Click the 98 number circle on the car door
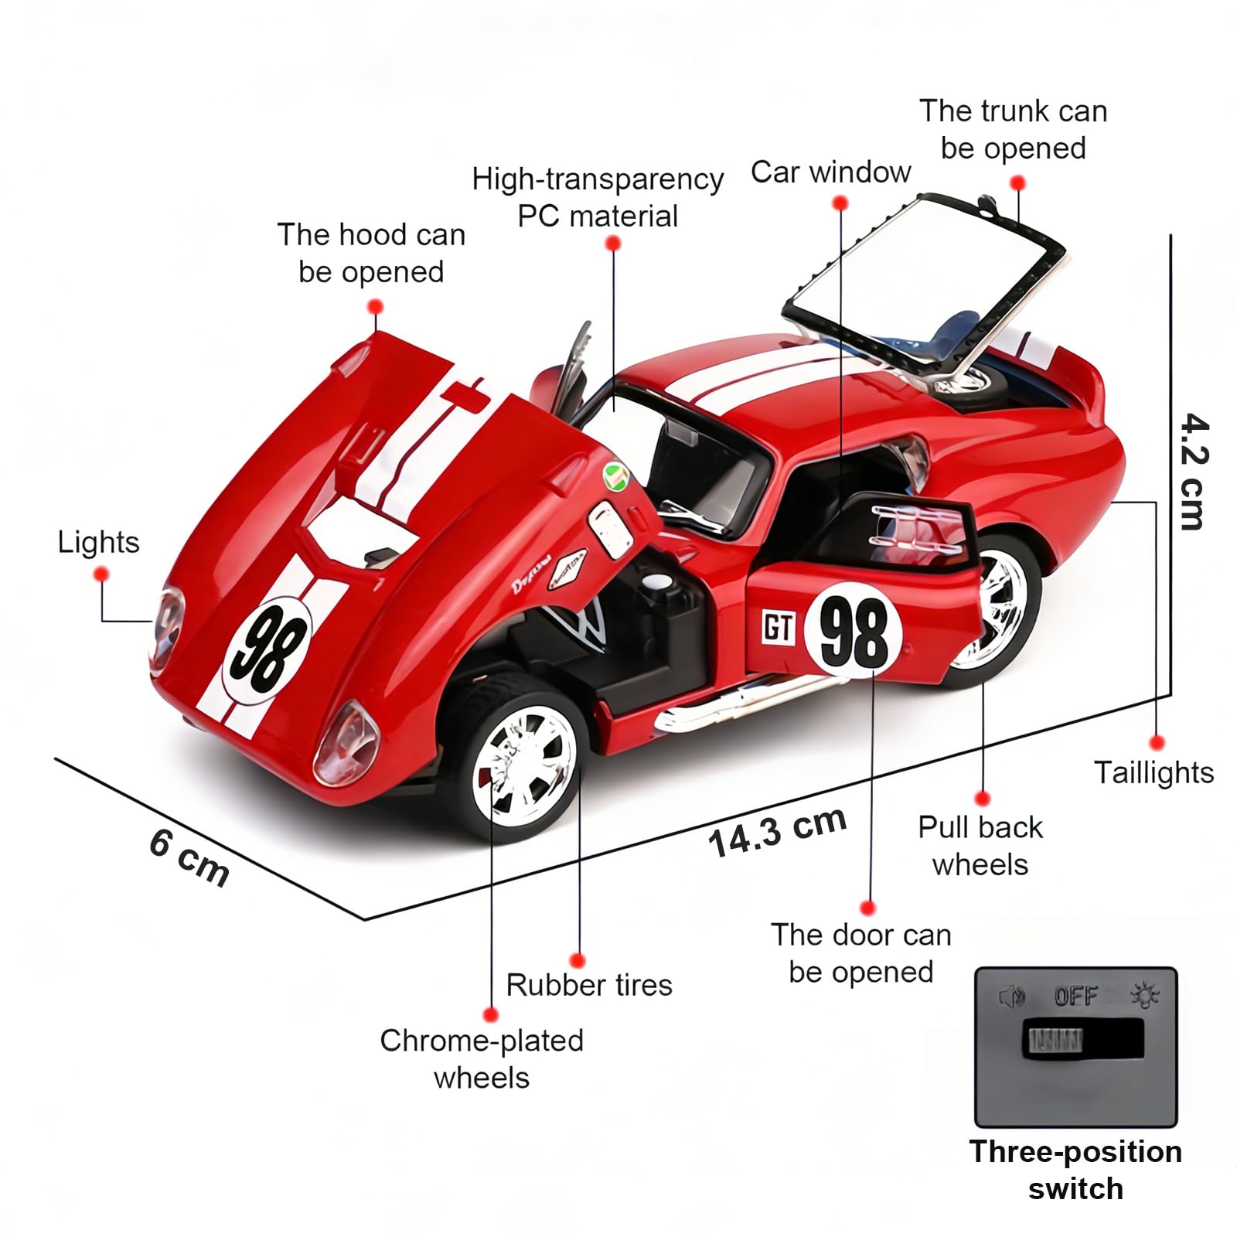[x=854, y=631]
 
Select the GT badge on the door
[x=779, y=627]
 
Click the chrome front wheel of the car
[x=525, y=767]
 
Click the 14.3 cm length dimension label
[x=777, y=832]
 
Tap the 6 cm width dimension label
[x=189, y=857]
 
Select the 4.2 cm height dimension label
[x=1194, y=472]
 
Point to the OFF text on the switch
[x=1075, y=997]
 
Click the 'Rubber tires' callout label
[x=589, y=985]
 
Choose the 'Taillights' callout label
[x=1154, y=772]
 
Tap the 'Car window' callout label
[x=830, y=172]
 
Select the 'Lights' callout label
[x=99, y=543]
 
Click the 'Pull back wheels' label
[x=980, y=846]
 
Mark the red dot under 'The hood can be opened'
[x=376, y=307]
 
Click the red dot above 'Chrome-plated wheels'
[x=490, y=1014]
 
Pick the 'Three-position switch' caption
[x=1075, y=1170]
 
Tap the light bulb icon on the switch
[x=1145, y=996]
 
